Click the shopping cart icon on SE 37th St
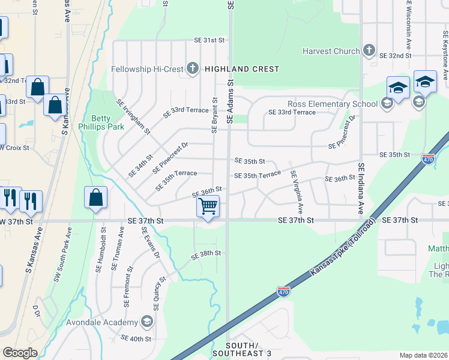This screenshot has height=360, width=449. pyautogui.click(x=208, y=206)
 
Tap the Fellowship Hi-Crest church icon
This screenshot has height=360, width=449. pyautogui.click(x=193, y=68)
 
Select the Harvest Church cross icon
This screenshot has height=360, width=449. pyautogui.click(x=369, y=51)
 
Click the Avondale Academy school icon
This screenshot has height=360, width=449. pyautogui.click(x=146, y=322)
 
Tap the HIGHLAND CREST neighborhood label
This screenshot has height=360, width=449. pyautogui.click(x=242, y=69)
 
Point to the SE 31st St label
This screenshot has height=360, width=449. pyautogui.click(x=209, y=40)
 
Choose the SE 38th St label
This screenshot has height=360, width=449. pyautogui.click(x=206, y=254)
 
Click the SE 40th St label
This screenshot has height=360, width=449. pyautogui.click(x=136, y=338)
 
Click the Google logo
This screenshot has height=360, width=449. pyautogui.click(x=20, y=353)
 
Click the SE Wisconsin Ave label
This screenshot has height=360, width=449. pyautogui.click(x=409, y=25)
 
